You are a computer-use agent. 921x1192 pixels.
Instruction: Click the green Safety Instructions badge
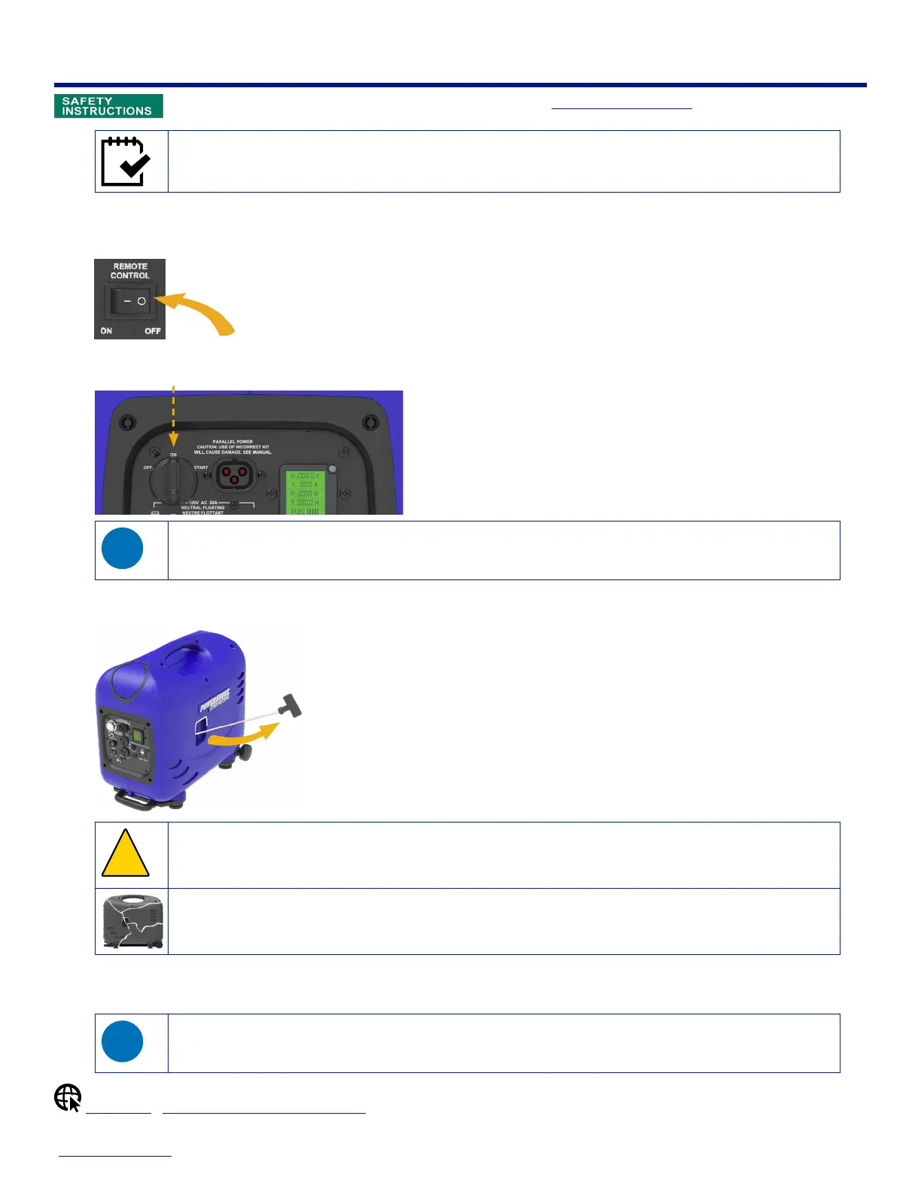pyautogui.click(x=108, y=106)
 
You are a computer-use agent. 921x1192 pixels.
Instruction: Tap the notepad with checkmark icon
pyautogui.click(x=126, y=161)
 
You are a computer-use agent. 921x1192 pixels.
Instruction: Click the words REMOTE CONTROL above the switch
pyautogui.click(x=130, y=271)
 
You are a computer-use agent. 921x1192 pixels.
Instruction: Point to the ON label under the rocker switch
pyautogui.click(x=106, y=330)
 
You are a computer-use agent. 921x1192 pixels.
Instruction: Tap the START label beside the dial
pyautogui.click(x=201, y=467)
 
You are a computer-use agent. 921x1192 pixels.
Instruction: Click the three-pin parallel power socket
pyautogui.click(x=235, y=476)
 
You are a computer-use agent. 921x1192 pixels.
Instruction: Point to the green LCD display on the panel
pyautogui.click(x=305, y=491)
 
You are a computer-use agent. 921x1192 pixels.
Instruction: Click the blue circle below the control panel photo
pyautogui.click(x=122, y=549)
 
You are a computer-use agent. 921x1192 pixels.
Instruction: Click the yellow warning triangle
pyautogui.click(x=125, y=855)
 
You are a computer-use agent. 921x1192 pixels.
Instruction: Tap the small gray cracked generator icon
pyautogui.click(x=132, y=921)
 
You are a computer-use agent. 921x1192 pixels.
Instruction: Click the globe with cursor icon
pyautogui.click(x=68, y=1098)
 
